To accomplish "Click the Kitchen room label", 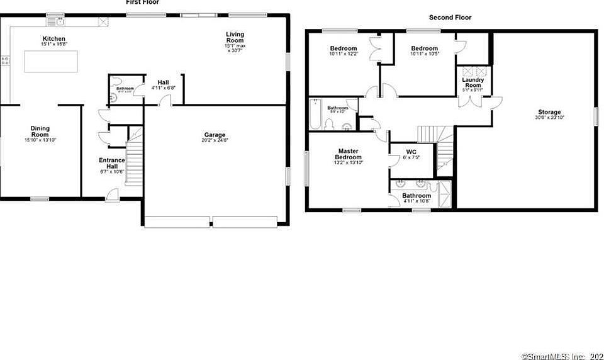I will tap(53, 38).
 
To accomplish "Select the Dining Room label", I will tap(40, 132).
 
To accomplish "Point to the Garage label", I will tap(215, 135).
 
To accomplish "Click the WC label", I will tap(411, 152).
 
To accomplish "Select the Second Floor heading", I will tap(450, 18).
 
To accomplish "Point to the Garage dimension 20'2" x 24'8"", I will tap(215, 141).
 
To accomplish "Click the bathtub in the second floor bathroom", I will tap(314, 113).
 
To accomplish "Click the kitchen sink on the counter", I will tap(60, 21).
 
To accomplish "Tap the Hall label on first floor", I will tap(163, 82).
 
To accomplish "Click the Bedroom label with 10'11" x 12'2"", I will tap(343, 48).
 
